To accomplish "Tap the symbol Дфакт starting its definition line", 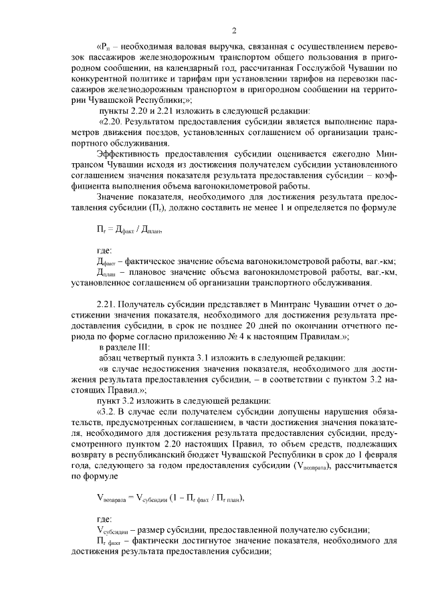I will (106, 262).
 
